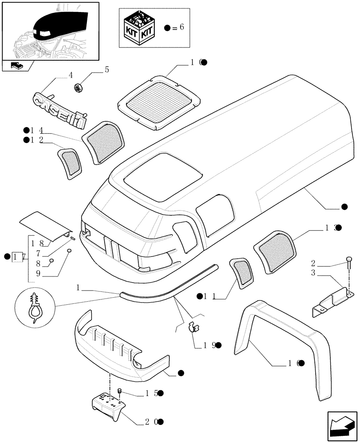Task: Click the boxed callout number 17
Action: point(18,256)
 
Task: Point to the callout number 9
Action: point(39,274)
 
